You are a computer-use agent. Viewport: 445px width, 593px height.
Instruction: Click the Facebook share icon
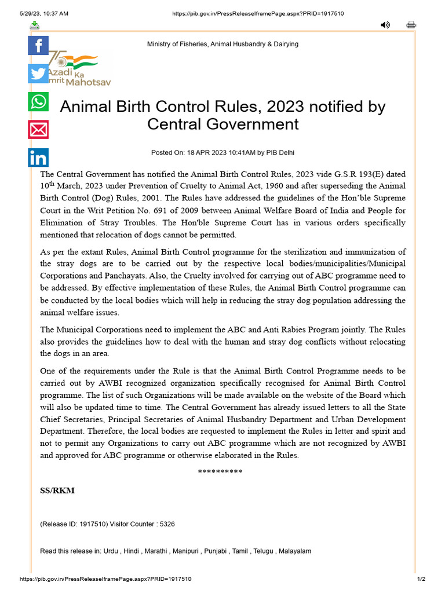[38, 45]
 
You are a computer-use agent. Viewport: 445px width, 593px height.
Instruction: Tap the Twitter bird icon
[38, 74]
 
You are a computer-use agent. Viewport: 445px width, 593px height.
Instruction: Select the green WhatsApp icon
[38, 101]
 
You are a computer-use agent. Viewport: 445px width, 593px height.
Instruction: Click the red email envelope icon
[38, 130]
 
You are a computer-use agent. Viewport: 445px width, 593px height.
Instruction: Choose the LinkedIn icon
[38, 158]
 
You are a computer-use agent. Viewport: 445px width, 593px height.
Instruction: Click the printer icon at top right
[411, 25]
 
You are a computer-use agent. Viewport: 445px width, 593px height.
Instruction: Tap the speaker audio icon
[385, 25]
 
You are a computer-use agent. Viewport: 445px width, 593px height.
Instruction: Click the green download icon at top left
[35, 25]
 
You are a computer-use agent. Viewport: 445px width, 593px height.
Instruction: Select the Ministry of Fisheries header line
[222, 44]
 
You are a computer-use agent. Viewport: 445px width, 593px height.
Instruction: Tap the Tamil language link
[240, 551]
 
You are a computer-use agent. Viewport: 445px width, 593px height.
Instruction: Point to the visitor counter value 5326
[167, 524]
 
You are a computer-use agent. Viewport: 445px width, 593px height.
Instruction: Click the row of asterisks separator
[220, 471]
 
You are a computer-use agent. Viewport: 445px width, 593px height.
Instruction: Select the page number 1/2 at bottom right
[421, 579]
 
